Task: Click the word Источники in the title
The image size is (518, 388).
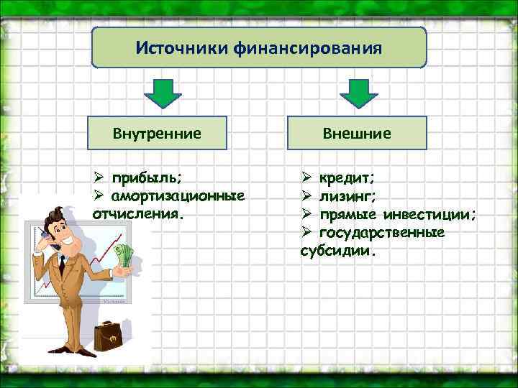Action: click(x=181, y=50)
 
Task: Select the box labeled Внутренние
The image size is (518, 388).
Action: click(x=157, y=133)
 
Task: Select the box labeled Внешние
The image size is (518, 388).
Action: click(x=357, y=133)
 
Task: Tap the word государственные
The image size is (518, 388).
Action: click(x=381, y=233)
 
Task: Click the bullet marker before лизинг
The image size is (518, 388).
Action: click(x=305, y=195)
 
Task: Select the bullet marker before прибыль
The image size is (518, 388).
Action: click(x=100, y=177)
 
